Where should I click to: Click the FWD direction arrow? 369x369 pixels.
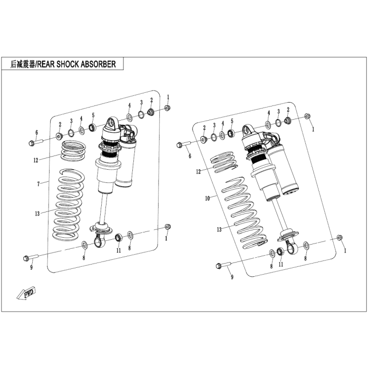point(26,293)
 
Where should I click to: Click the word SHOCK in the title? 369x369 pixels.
point(67,64)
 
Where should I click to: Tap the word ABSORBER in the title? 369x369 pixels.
point(98,64)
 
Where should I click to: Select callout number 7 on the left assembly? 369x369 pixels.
point(38,184)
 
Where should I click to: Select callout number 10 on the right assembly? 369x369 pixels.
point(207,198)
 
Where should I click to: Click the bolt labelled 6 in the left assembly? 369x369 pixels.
point(36,142)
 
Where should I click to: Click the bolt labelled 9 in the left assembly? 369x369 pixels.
point(31,257)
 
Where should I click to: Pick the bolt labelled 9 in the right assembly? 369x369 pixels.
point(224,266)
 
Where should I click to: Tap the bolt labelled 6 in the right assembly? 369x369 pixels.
point(184,144)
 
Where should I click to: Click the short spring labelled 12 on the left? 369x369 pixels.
point(73,151)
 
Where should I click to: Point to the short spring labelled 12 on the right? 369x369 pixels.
point(223,162)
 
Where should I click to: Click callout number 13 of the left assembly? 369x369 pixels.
point(37,213)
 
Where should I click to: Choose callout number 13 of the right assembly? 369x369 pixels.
point(219,229)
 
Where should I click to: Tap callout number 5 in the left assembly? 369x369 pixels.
point(93,115)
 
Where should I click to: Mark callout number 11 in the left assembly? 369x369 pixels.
point(119,250)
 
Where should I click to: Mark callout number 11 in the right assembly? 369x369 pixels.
point(281,264)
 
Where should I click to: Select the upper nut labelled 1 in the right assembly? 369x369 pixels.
point(307,116)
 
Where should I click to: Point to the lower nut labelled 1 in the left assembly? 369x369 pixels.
point(168,227)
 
